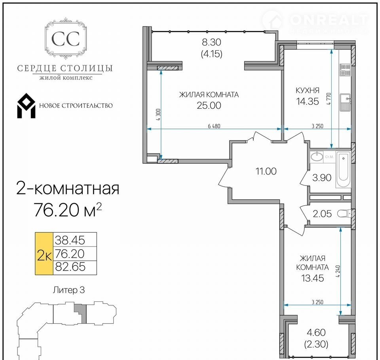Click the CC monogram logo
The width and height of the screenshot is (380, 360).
[65, 38]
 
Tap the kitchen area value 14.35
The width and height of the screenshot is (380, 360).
[308, 101]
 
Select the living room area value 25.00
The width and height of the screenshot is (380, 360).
[209, 105]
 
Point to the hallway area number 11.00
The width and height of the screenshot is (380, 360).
[266, 171]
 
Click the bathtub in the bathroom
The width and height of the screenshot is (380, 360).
[343, 170]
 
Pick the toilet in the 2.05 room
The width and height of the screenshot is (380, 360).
[344, 214]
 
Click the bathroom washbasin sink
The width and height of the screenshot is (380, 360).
[317, 156]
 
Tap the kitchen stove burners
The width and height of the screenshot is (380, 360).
[345, 70]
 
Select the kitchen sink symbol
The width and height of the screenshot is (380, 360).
[345, 102]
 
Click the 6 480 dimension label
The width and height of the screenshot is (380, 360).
[214, 126]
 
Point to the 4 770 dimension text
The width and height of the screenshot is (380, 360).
[329, 99]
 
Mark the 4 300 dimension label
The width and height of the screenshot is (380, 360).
[158, 115]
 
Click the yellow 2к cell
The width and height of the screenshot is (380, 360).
[44, 254]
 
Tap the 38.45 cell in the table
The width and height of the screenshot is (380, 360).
[70, 240]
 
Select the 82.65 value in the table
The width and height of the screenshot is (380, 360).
[70, 267]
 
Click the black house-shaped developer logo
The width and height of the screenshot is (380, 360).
[26, 106]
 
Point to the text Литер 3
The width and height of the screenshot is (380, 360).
[69, 290]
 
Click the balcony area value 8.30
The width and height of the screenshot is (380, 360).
[211, 42]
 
